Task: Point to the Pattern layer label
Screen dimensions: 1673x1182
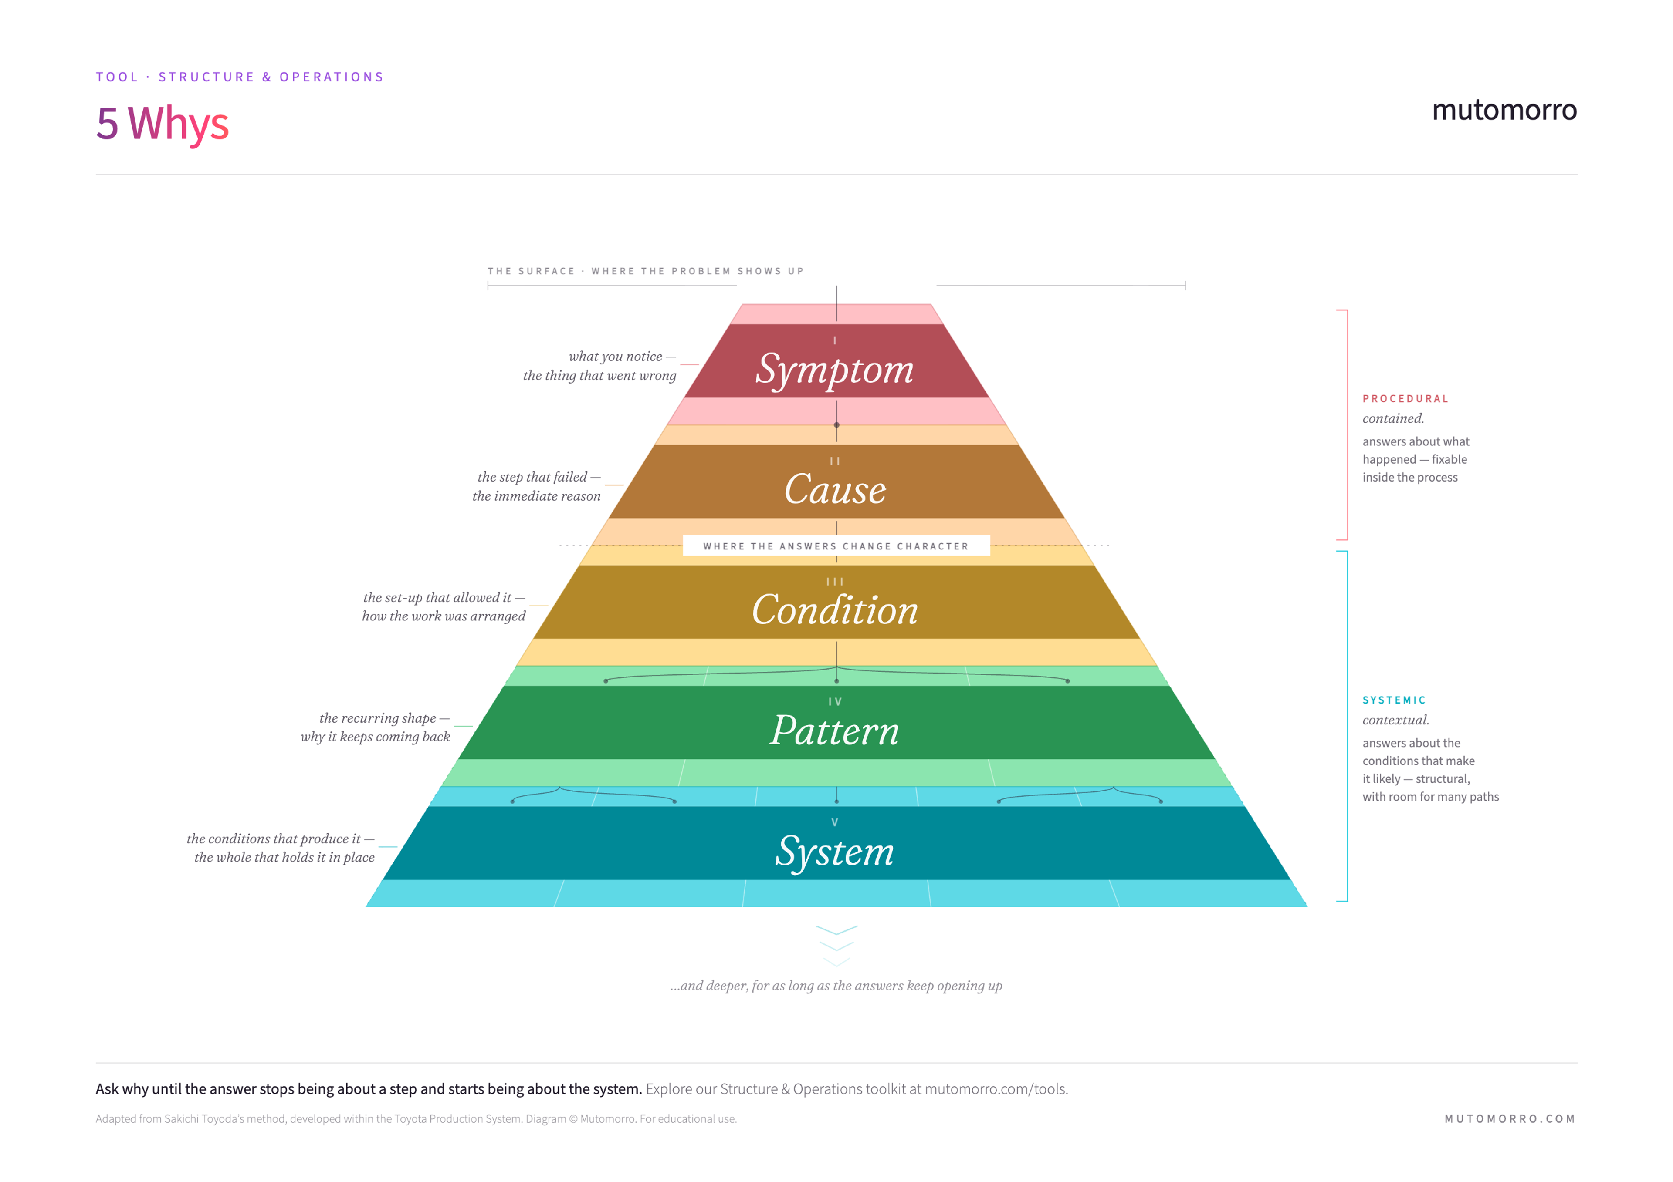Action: pyautogui.click(x=835, y=731)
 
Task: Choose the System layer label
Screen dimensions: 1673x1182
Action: pyautogui.click(x=835, y=852)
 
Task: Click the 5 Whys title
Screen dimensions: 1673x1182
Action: pyautogui.click(x=163, y=124)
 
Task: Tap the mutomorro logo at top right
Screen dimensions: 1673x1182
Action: pyautogui.click(x=1504, y=110)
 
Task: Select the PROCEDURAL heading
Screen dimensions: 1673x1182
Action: pyautogui.click(x=1405, y=399)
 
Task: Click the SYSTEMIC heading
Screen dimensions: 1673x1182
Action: pyautogui.click(x=1394, y=700)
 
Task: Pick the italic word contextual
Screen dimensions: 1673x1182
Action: pyautogui.click(x=1396, y=720)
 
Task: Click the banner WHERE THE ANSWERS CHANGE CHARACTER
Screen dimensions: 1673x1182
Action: pyautogui.click(x=836, y=546)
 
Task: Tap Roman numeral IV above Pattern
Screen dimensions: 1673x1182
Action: pyautogui.click(x=835, y=702)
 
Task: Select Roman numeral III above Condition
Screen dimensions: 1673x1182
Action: pyautogui.click(x=835, y=582)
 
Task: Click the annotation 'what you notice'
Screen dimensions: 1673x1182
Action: pyautogui.click(x=615, y=357)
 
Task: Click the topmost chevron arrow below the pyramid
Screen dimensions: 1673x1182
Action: pyautogui.click(x=836, y=930)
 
